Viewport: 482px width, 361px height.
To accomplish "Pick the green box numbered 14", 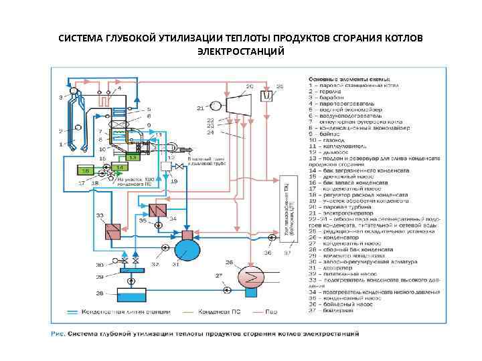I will (x=118, y=166).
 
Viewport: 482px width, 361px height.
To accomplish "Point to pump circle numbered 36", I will (x=271, y=237).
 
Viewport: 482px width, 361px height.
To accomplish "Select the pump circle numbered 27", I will (x=226, y=290).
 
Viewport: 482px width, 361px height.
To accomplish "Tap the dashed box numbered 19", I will (x=166, y=166).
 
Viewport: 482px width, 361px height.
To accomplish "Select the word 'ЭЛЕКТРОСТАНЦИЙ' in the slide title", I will (x=240, y=51).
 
